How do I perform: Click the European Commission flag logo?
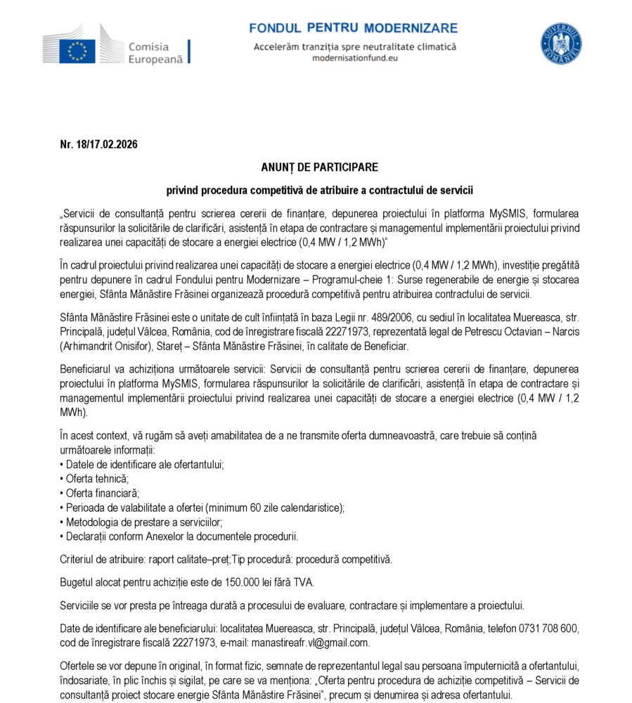(77, 51)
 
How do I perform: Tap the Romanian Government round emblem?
(560, 43)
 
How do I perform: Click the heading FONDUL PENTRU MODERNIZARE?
(354, 28)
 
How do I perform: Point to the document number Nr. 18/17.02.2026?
(98, 145)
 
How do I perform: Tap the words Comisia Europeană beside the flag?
(155, 53)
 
